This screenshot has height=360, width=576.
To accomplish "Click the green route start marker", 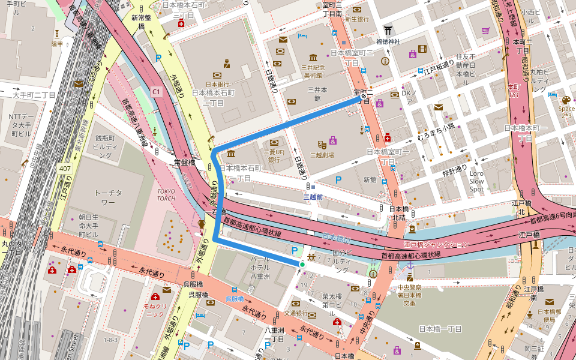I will click(x=302, y=264).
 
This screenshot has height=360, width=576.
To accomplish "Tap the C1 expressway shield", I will click(x=157, y=91).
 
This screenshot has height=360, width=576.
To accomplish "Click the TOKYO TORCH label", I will click(x=166, y=194).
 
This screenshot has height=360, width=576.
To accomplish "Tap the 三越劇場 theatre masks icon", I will click(x=322, y=144).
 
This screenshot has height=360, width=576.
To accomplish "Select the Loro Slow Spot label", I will click(x=476, y=181).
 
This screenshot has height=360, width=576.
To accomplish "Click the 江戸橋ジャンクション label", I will click(x=436, y=244).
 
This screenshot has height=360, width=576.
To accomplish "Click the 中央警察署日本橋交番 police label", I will click(x=410, y=295).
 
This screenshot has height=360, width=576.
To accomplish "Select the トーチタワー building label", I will click(x=109, y=197).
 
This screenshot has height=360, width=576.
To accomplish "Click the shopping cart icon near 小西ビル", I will click(x=485, y=30).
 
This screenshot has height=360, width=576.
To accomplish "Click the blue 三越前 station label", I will click(x=313, y=197).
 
